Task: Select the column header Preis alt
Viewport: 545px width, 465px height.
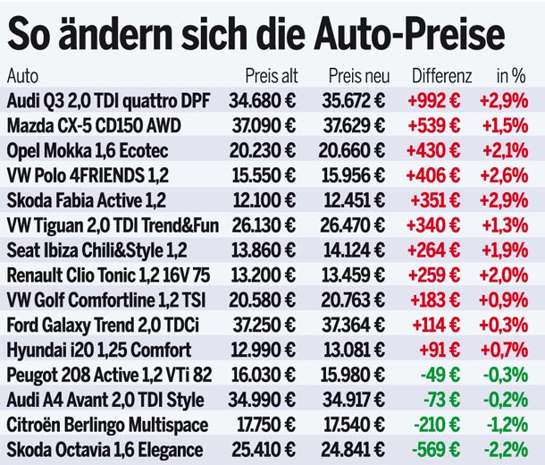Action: point(272,76)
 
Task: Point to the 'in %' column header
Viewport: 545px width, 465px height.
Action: point(510,76)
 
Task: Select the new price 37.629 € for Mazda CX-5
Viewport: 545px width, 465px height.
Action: point(356,125)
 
